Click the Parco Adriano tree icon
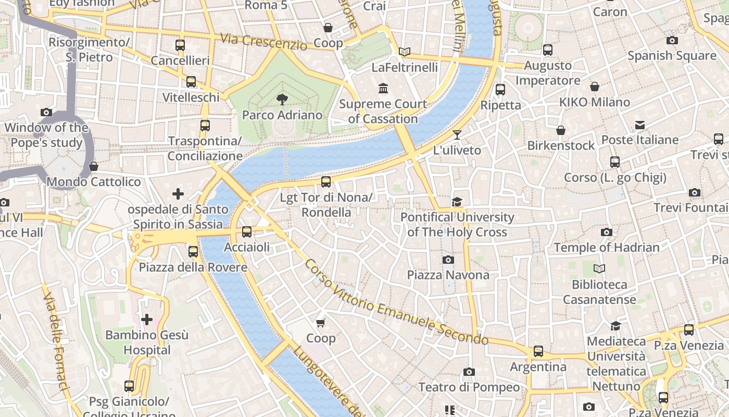(x=282, y=99)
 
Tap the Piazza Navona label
(x=448, y=275)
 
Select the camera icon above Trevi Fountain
(x=694, y=193)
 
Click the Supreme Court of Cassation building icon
(x=384, y=89)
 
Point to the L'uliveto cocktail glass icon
(x=457, y=135)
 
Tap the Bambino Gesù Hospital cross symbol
(x=147, y=319)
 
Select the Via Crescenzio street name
(x=263, y=42)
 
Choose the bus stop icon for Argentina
(x=538, y=351)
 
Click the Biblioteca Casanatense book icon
(x=599, y=269)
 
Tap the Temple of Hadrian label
(x=607, y=248)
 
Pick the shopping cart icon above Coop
(x=321, y=323)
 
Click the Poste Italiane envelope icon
(x=640, y=125)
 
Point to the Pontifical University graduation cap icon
(x=457, y=202)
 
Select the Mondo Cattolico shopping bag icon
(x=94, y=167)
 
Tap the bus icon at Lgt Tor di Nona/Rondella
(x=326, y=182)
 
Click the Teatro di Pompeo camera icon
(x=469, y=372)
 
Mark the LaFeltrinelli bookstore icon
(x=405, y=52)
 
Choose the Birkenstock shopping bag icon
(x=561, y=130)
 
